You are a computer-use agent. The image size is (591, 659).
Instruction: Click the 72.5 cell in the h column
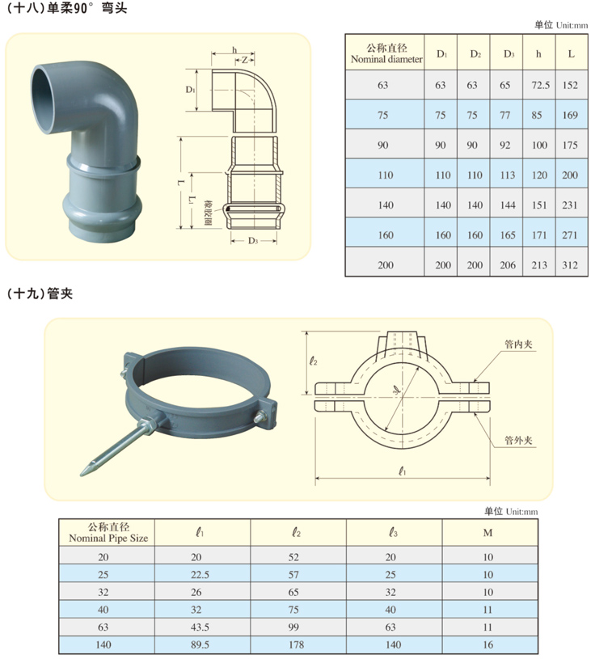pos(540,86)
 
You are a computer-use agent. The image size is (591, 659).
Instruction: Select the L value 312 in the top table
pos(570,265)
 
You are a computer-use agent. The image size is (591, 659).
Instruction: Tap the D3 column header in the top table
pos(509,54)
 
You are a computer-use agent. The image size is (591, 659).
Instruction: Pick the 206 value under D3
pos(508,265)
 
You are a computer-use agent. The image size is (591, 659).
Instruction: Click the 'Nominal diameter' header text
pos(386,59)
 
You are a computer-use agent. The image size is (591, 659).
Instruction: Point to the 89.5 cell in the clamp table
pos(200,644)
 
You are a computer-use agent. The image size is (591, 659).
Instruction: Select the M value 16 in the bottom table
pos(488,644)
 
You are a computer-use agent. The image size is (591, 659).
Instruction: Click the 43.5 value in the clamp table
pos(200,627)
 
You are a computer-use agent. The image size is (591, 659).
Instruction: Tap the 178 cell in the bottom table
pos(296,644)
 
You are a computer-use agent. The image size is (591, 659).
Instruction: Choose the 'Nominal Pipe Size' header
pos(108,539)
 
